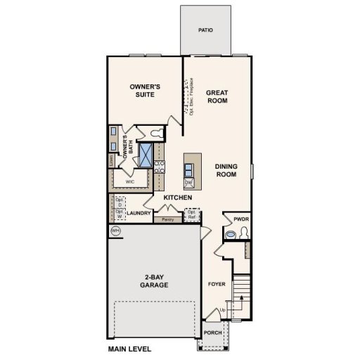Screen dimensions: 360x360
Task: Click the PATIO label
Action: coord(205,30)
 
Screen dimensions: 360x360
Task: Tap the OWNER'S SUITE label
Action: coord(146,90)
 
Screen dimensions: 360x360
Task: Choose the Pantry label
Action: coord(167,220)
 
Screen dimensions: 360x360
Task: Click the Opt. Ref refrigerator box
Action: coord(191,214)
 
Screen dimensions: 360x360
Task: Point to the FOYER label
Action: coord(216,285)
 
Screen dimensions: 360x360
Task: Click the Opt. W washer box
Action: coord(119,212)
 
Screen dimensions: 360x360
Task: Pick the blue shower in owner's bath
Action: coord(146,155)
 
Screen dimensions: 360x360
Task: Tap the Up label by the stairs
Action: coord(223,310)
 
